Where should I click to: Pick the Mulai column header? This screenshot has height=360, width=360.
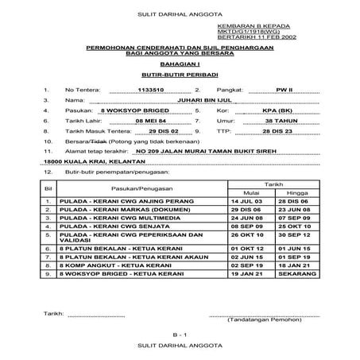250,192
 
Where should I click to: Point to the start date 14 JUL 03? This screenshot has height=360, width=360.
250,202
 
